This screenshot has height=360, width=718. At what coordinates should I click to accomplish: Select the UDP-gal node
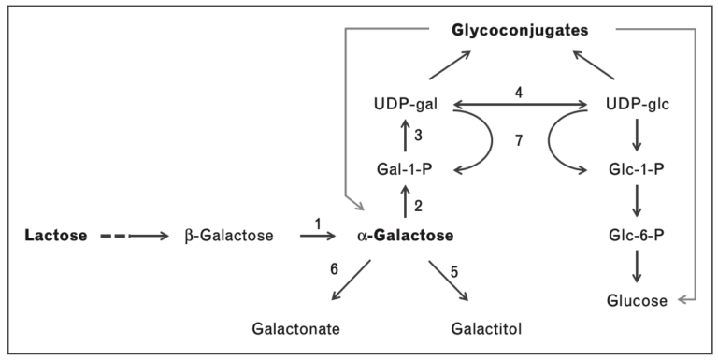[404, 106]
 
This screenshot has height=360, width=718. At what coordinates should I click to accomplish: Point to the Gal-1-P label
[404, 170]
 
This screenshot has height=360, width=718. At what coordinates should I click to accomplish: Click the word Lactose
[56, 236]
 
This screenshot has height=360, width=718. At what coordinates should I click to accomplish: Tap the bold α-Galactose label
[409, 236]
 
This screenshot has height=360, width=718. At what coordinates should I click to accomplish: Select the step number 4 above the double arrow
[518, 93]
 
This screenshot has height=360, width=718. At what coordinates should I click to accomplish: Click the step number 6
[334, 268]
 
